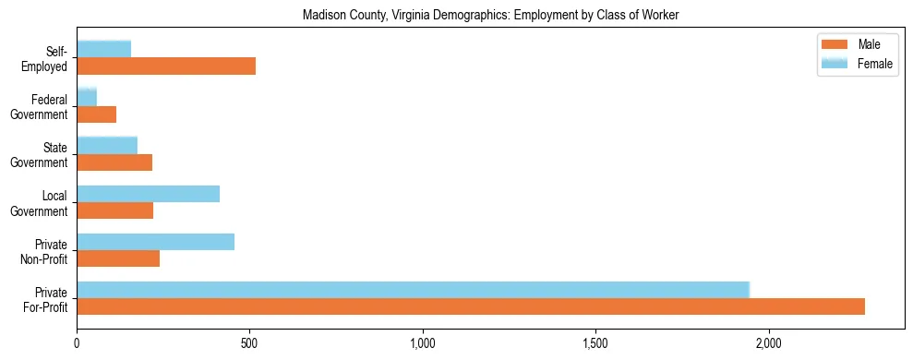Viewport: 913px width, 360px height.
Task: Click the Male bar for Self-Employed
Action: [x=166, y=66]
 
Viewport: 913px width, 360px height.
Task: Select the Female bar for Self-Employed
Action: [x=104, y=49]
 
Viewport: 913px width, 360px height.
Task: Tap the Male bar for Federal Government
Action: [x=97, y=114]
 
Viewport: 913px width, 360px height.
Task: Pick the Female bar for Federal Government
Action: [x=87, y=97]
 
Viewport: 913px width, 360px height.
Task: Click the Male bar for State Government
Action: [x=114, y=162]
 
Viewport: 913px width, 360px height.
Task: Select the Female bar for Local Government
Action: [x=149, y=194]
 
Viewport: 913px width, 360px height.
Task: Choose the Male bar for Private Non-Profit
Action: [x=118, y=259]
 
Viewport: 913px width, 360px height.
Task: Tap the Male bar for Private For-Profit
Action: [x=471, y=307]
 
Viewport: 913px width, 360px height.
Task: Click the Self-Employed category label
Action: [x=50, y=59]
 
